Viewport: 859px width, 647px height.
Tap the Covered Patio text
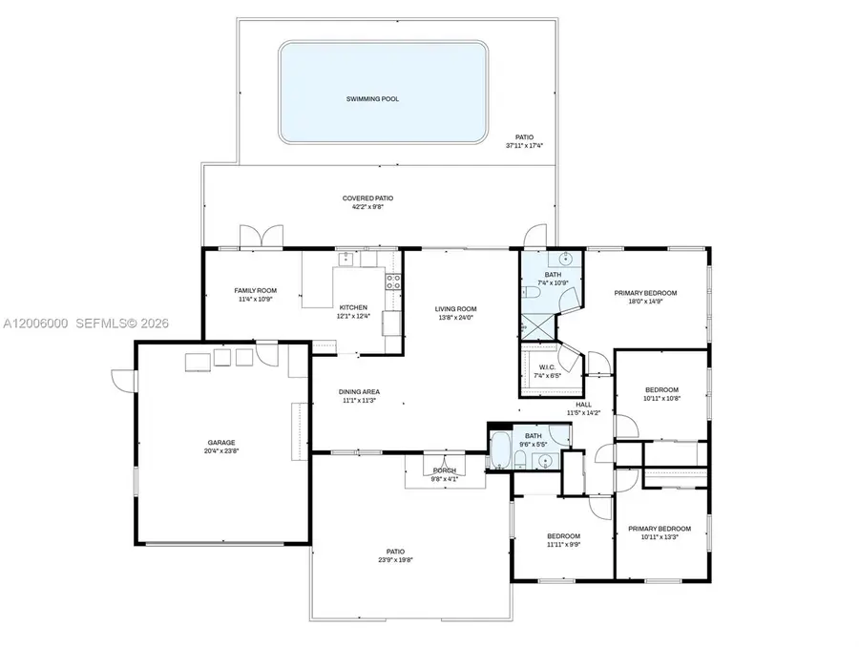[367, 198]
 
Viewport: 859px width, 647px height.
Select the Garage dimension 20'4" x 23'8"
[221, 451]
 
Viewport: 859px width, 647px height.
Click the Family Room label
[255, 290]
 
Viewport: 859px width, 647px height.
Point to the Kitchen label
[353, 307]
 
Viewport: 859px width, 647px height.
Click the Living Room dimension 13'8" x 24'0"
[455, 318]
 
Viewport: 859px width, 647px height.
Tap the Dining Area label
[359, 391]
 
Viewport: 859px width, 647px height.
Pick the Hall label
[583, 405]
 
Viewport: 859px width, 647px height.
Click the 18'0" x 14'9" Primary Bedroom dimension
[645, 302]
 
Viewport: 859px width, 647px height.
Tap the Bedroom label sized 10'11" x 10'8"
[661, 389]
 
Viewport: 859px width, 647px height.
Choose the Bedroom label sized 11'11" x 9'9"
[563, 536]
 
